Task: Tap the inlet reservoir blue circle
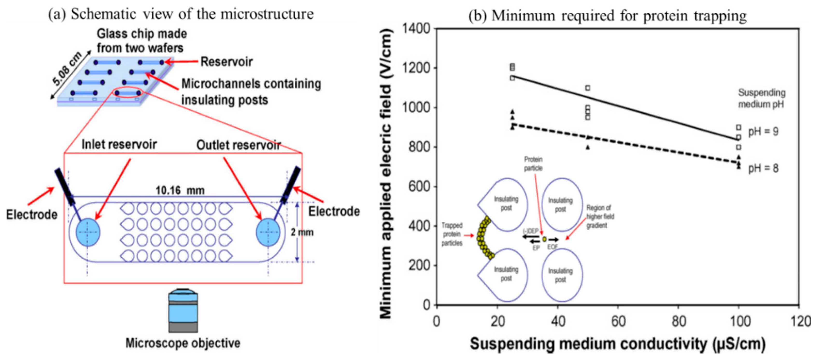pos(88,232)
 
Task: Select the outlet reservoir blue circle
pos(268,232)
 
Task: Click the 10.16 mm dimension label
pos(180,190)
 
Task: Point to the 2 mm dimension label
pos(302,232)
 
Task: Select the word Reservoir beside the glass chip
pos(227,62)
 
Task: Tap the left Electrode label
pos(32,215)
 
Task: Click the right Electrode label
pos(334,211)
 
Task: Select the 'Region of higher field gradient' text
pos(600,217)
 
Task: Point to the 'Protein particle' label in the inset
pos(533,164)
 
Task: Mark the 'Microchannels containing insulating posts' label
pos(251,92)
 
